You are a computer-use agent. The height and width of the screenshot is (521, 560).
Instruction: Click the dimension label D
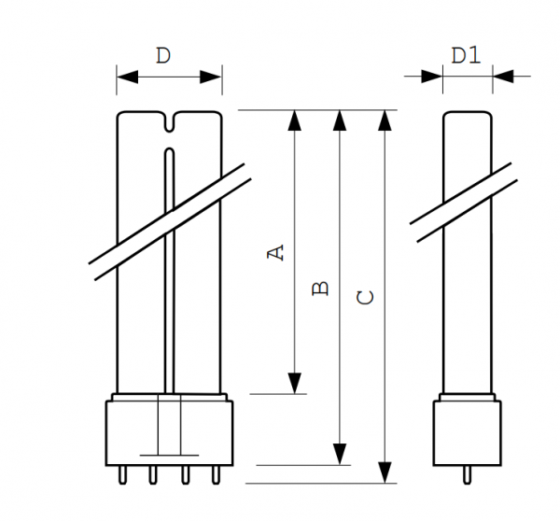coord(163,56)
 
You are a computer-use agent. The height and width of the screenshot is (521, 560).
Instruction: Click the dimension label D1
coord(466,55)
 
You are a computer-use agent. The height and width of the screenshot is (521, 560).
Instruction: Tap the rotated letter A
coord(275,252)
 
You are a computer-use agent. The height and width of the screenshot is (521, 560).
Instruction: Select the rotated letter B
coord(320,289)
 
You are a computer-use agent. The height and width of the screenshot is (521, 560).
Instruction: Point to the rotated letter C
coord(365,298)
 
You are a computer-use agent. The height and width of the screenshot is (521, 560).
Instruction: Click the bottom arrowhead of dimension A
coord(295,383)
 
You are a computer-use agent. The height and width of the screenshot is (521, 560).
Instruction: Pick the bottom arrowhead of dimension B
coord(340,454)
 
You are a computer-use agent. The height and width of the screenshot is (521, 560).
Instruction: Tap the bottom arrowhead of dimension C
coord(385,472)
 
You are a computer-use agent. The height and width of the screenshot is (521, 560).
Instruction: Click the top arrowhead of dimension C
coord(385,120)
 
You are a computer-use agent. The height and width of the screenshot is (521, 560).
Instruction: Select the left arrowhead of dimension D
coord(127,77)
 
